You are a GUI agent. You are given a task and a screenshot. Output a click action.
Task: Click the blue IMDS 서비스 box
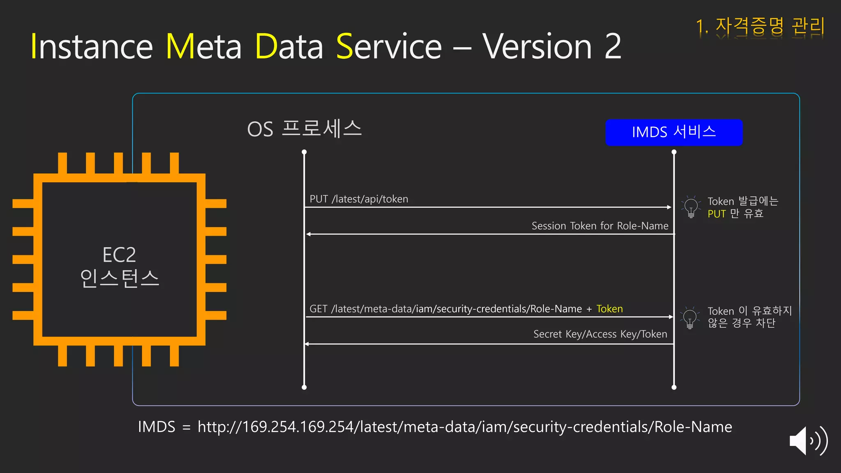(x=673, y=132)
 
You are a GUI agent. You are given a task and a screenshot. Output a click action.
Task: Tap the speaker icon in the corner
(x=808, y=441)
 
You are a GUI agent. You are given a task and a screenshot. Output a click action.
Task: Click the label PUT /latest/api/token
(x=358, y=199)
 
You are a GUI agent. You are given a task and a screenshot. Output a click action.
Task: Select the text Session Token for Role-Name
(x=600, y=226)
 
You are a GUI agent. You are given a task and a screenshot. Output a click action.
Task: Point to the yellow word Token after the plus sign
(x=609, y=309)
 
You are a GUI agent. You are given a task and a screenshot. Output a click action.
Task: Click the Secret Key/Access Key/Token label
(x=600, y=334)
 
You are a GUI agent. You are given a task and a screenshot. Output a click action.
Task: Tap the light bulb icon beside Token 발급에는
(x=691, y=207)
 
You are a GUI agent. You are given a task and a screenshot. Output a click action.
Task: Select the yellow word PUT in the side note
(x=717, y=214)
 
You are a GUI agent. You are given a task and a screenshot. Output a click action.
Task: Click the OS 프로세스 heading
(x=304, y=129)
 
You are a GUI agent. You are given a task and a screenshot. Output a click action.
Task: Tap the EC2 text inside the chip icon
(x=119, y=255)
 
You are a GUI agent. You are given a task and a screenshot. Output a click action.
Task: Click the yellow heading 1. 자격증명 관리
(x=760, y=26)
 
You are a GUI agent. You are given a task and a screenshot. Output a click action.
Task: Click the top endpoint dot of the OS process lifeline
(x=304, y=152)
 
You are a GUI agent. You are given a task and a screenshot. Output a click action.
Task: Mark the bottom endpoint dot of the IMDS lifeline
(x=674, y=387)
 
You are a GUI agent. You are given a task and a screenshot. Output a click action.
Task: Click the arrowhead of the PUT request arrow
(x=669, y=207)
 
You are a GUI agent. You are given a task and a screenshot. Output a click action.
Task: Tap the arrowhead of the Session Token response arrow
(x=308, y=234)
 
